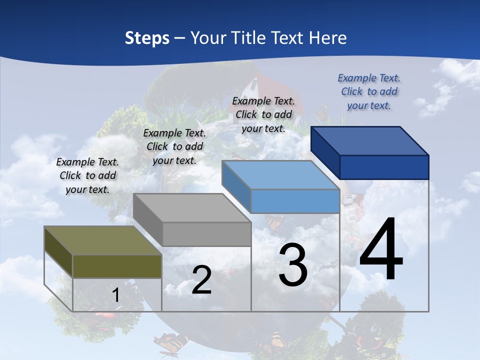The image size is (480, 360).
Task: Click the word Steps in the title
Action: (147, 38)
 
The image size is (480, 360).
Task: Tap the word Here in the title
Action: (326, 38)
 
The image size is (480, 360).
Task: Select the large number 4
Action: (381, 250)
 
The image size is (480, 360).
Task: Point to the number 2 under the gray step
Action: (201, 280)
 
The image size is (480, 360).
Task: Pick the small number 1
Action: (115, 295)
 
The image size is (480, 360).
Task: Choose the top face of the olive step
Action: (103, 240)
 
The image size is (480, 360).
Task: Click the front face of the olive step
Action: (117, 266)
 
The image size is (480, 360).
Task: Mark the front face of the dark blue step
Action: (384, 167)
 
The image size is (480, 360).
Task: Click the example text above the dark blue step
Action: (369, 91)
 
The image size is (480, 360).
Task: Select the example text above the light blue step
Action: (263, 114)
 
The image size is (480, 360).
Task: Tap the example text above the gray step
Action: (174, 146)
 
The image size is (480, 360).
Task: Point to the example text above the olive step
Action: (87, 175)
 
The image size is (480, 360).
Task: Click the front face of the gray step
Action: (206, 234)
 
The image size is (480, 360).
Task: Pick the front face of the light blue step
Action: (295, 201)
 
